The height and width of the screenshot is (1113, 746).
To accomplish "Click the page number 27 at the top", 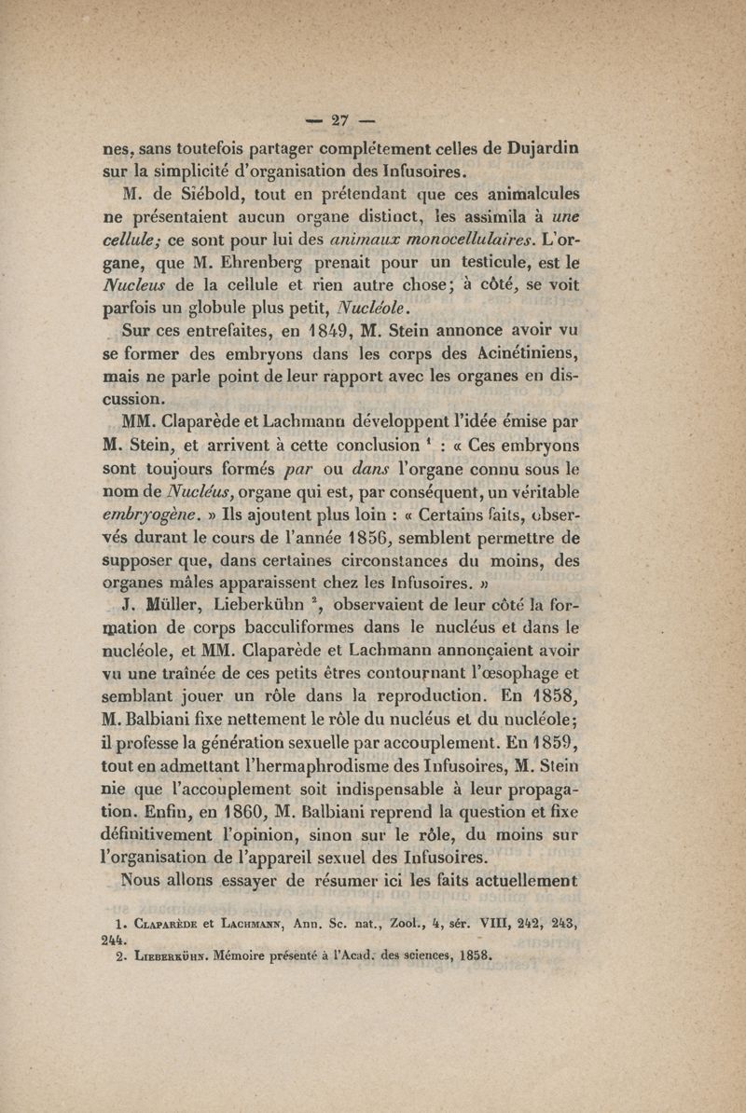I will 333,118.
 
